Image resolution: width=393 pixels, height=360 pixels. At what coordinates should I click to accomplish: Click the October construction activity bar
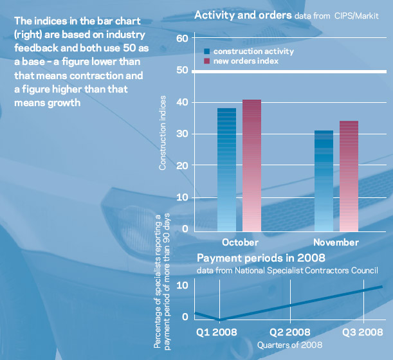pyautogui.click(x=226, y=168)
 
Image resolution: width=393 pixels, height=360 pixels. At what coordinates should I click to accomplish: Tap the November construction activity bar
pyautogui.click(x=324, y=180)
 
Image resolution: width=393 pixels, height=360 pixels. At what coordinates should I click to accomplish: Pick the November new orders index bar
pyautogui.click(x=349, y=175)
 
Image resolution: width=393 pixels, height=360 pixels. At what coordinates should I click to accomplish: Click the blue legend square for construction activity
pyautogui.click(x=207, y=51)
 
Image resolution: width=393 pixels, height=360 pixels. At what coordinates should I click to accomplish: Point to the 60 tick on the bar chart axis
pyautogui.click(x=181, y=39)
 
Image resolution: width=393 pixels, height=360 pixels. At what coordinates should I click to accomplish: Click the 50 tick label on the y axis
pyautogui.click(x=181, y=70)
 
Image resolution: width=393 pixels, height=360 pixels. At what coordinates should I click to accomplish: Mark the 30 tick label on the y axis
pyautogui.click(x=181, y=134)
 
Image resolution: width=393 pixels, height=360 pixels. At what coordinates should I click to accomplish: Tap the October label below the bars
pyautogui.click(x=240, y=242)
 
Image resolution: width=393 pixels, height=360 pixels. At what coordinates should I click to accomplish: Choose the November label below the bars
pyautogui.click(x=336, y=242)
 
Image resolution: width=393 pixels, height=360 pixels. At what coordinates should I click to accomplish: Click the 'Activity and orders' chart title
pyautogui.click(x=239, y=15)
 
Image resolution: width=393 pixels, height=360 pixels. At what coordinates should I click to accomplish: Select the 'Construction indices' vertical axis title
pyautogui.click(x=163, y=133)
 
